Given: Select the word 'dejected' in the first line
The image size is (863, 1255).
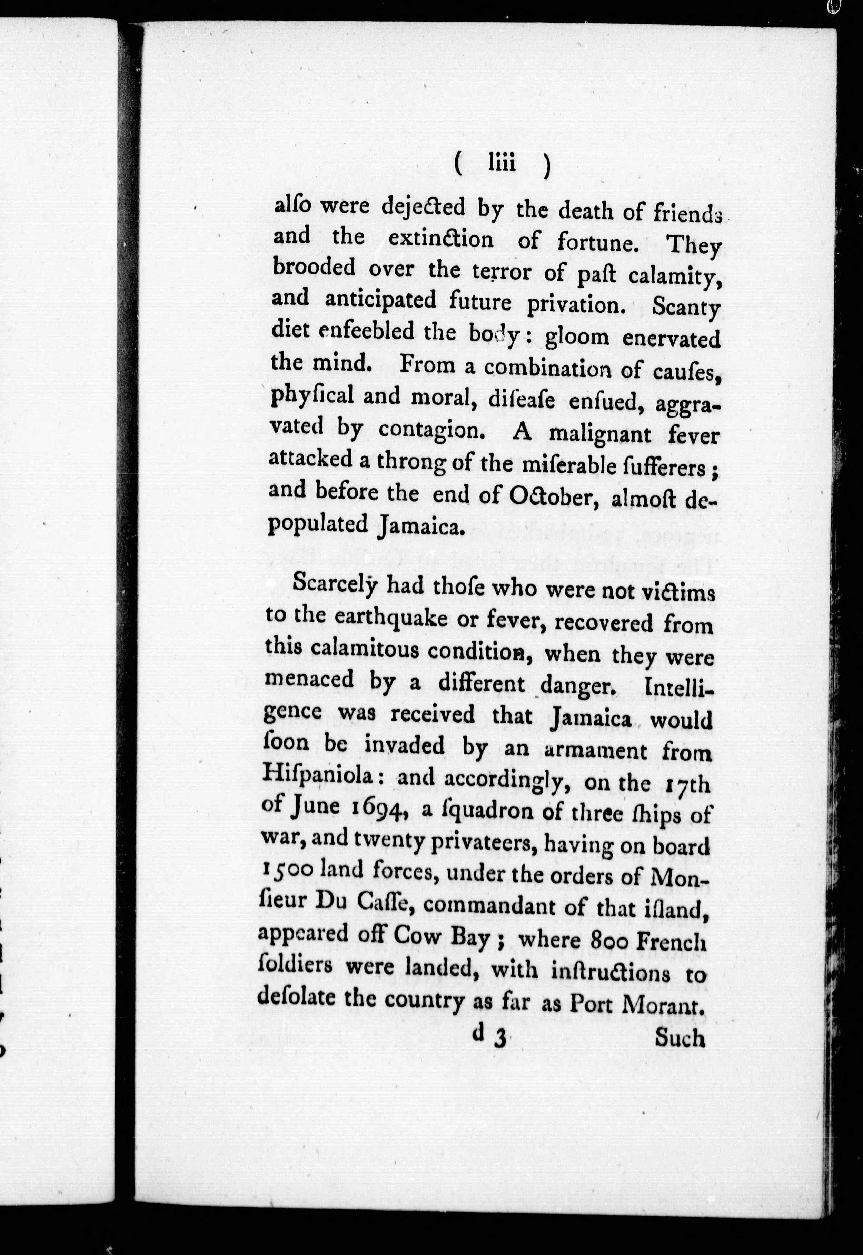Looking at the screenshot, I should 423,208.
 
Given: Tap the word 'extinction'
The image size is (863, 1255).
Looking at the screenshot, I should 441,239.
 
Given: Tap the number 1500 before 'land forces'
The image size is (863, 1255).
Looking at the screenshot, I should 287,869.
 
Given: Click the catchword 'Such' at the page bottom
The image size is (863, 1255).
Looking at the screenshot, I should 680,1038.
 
